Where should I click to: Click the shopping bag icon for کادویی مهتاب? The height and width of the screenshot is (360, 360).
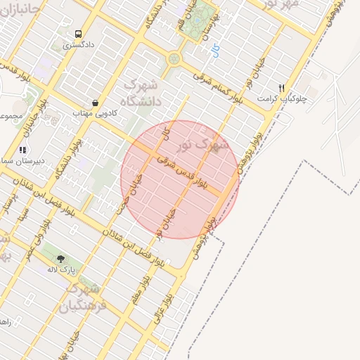tap(94, 103)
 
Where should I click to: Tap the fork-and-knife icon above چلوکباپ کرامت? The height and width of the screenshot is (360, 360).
tap(282, 89)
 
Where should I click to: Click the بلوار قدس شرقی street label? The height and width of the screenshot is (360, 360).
tap(181, 172)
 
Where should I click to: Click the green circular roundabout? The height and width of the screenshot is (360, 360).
tap(174, 59)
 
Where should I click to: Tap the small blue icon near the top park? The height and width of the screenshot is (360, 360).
tap(214, 49)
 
